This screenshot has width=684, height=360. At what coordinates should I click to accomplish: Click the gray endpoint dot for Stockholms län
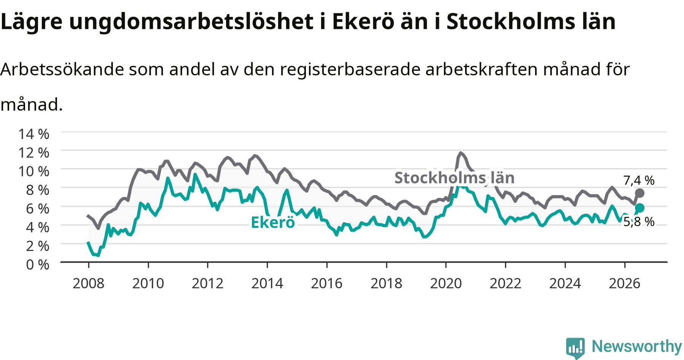click(640, 193)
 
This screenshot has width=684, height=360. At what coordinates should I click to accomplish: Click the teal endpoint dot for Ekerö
click(640, 208)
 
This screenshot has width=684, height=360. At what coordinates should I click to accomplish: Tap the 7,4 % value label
click(639, 180)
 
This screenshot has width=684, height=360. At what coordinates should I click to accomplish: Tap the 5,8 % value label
click(639, 221)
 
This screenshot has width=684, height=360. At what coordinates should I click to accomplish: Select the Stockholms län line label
click(454, 178)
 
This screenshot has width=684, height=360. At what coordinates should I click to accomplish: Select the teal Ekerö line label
click(273, 223)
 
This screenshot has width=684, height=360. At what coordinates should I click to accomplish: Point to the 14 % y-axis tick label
click(34, 134)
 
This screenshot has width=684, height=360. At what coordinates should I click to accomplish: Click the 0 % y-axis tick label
click(38, 264)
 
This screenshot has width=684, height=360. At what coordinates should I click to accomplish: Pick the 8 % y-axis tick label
click(38, 190)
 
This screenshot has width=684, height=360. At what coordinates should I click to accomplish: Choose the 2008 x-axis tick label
click(89, 283)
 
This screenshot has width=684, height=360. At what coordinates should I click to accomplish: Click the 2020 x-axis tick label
click(446, 283)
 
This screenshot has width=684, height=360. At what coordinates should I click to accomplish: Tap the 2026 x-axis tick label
click(625, 283)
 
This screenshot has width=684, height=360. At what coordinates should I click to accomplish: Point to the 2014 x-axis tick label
click(268, 283)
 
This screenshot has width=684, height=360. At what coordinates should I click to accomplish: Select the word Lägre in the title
click(31, 22)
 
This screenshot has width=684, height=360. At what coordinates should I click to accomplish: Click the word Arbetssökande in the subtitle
click(62, 69)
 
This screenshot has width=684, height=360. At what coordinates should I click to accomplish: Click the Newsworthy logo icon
click(575, 348)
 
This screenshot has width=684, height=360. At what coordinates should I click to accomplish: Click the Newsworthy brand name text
click(637, 346)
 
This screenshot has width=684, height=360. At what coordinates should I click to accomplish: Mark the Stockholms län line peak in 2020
click(461, 153)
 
